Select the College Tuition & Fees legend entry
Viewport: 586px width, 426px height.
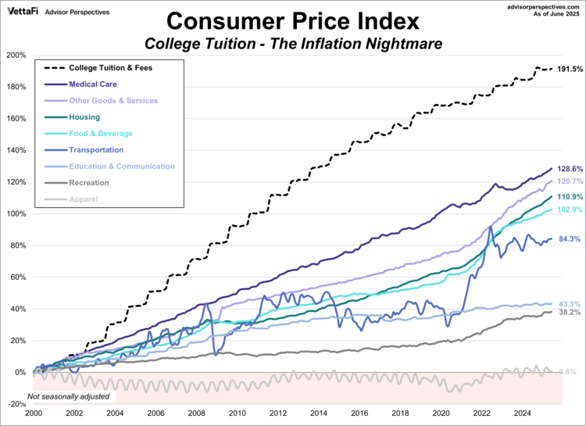tap(110, 67)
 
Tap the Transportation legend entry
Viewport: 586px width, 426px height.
tap(96, 149)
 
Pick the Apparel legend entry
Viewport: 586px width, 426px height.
tap(83, 199)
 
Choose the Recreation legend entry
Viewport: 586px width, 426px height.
tap(89, 182)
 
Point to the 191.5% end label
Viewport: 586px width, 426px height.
tap(570, 70)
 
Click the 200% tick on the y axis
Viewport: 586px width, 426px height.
tap(15, 55)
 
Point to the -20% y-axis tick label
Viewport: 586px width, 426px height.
tap(15, 404)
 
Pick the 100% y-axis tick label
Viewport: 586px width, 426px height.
tap(15, 214)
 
